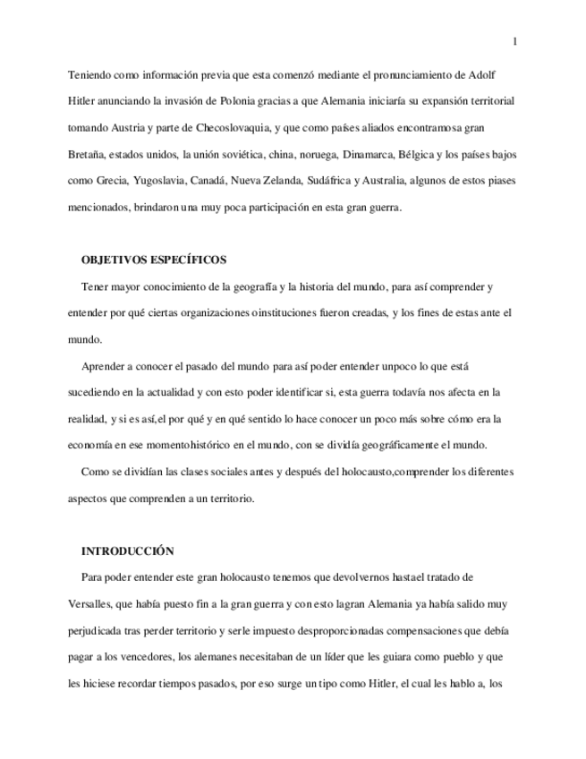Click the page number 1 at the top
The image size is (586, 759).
coord(514,41)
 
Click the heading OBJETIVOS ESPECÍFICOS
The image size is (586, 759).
coord(153,260)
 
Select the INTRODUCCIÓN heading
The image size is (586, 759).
coord(127,551)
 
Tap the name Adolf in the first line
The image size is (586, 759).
coord(499,74)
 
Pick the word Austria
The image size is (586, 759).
coord(131,128)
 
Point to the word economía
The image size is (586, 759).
coord(91,446)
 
